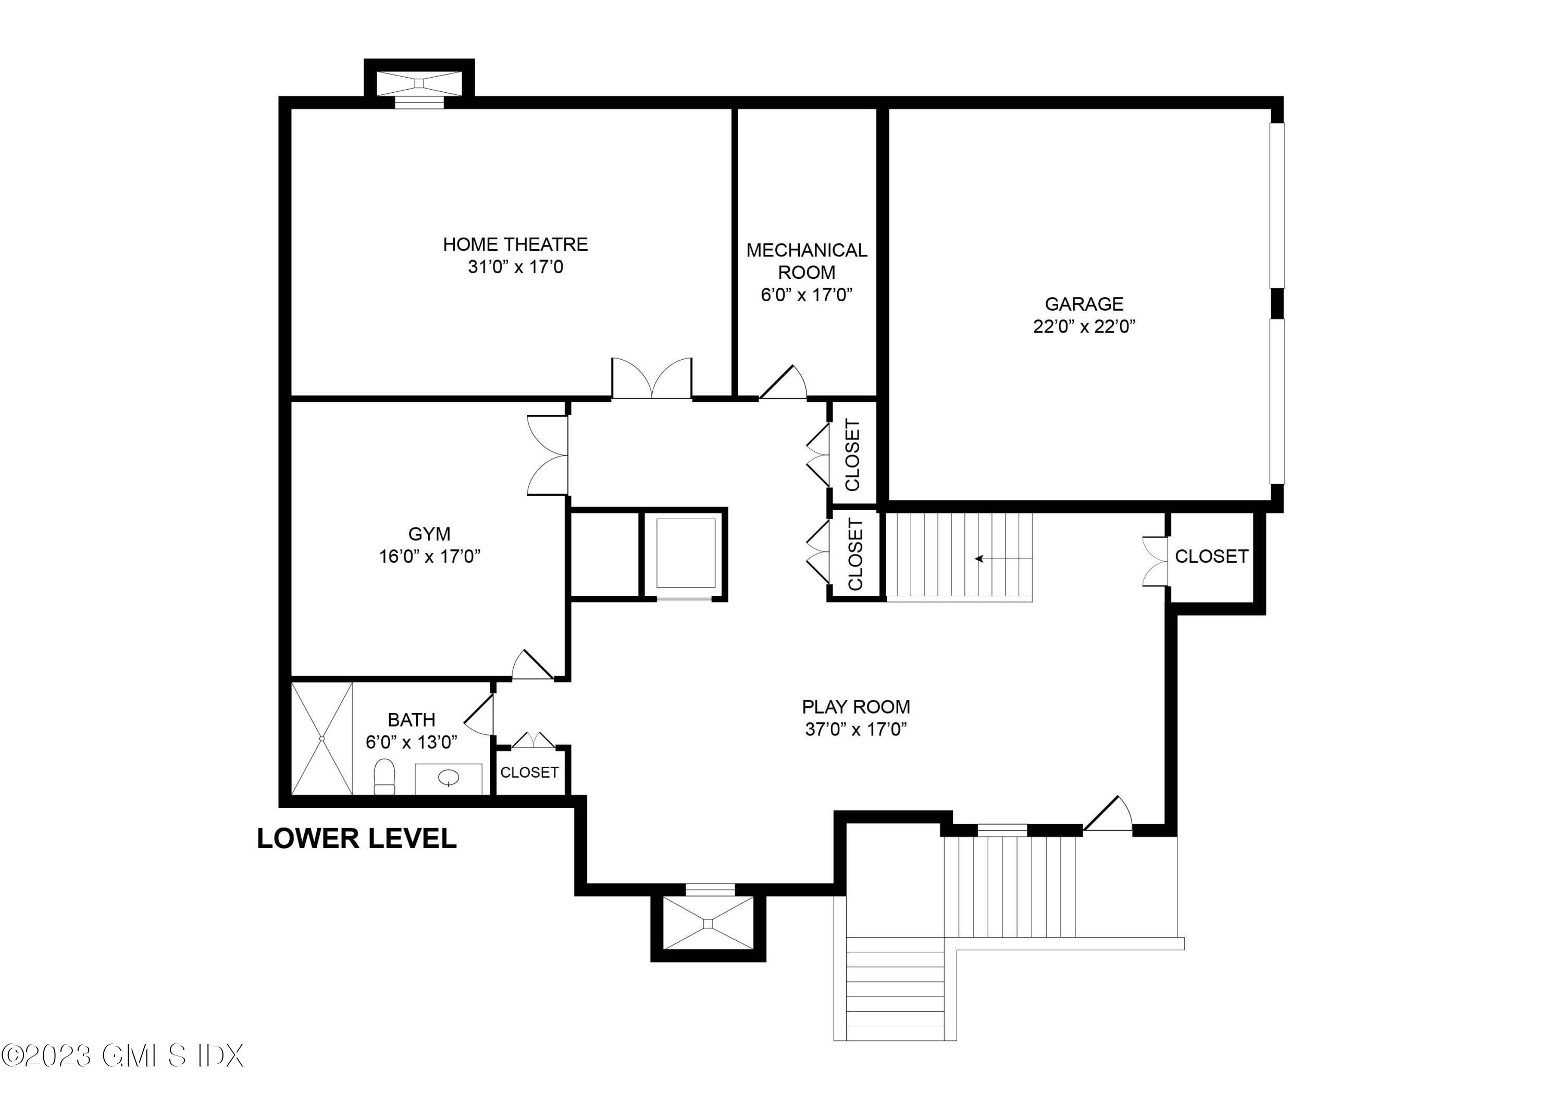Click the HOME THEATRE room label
(515, 244)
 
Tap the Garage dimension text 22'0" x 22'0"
(1084, 327)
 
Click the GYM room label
(429, 534)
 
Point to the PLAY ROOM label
(855, 706)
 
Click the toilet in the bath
(384, 777)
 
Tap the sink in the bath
(449, 777)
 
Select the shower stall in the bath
(322, 738)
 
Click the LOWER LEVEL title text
(357, 838)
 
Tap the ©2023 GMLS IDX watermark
(122, 1056)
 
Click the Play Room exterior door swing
(1108, 815)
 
